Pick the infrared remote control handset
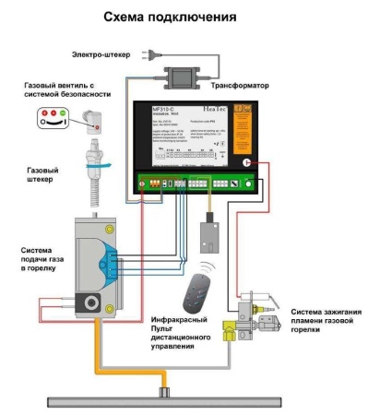point(195,296)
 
